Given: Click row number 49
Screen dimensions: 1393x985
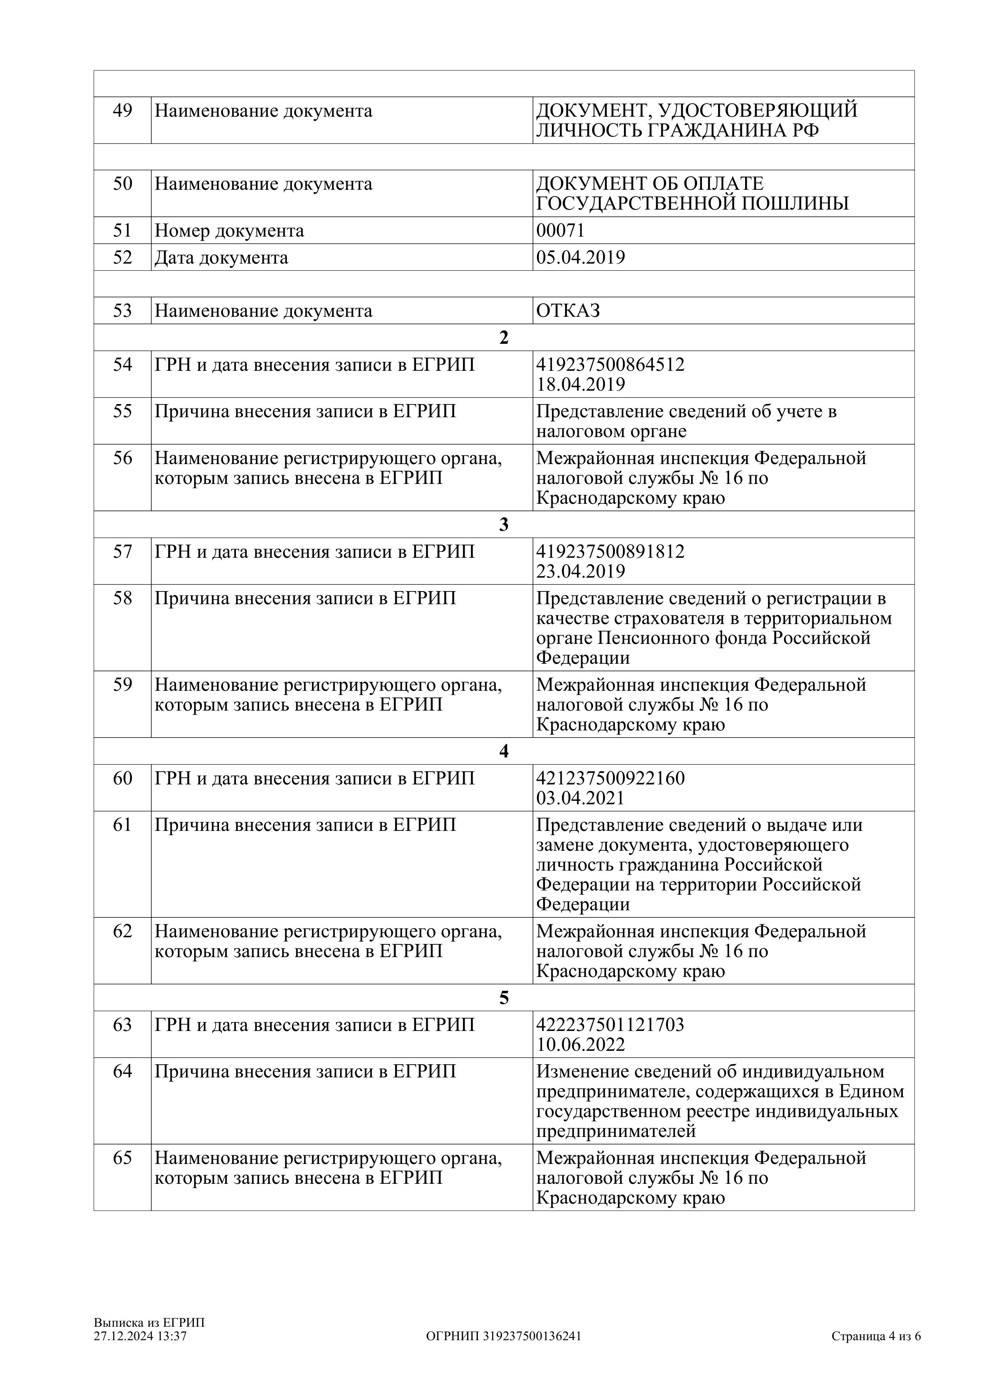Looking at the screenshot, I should (123, 111).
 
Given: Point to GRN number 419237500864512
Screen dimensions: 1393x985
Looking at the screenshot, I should (610, 365).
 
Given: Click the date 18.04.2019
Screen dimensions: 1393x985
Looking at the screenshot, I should (580, 385).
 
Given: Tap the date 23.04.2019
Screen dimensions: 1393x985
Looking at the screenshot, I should (580, 572).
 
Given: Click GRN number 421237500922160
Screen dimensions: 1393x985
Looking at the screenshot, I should (610, 778).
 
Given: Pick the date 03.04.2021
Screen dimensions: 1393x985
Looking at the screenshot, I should (580, 798).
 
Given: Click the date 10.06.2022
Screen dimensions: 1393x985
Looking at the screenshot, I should (580, 1045).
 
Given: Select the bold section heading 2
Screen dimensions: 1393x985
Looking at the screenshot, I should (504, 338).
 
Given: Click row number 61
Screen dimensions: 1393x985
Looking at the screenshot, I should (123, 825).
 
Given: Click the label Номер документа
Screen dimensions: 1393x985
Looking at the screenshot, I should (230, 231).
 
